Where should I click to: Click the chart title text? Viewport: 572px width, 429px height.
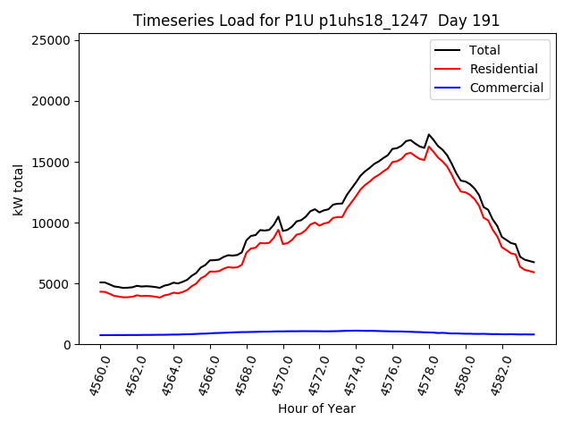(x=316, y=21)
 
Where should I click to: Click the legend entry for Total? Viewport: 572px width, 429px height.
(x=484, y=50)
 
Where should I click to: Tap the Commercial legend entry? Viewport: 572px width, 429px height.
(x=506, y=88)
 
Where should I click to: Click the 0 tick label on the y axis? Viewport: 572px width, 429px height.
(x=68, y=344)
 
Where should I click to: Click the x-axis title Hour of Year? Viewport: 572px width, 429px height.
(x=316, y=408)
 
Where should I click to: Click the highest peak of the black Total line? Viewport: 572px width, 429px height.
(x=429, y=135)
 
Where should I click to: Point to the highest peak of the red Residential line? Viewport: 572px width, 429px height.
(x=429, y=147)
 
